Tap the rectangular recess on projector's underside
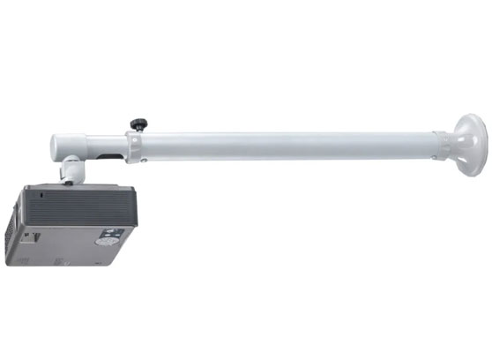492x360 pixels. pyautogui.click(x=34, y=237)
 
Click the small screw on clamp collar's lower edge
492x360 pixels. pyautogui.click(x=138, y=162)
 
